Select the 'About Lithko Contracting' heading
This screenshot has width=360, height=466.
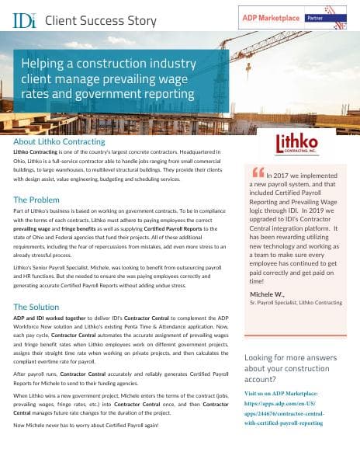(x=59, y=142)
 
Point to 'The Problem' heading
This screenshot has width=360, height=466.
(x=38, y=200)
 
